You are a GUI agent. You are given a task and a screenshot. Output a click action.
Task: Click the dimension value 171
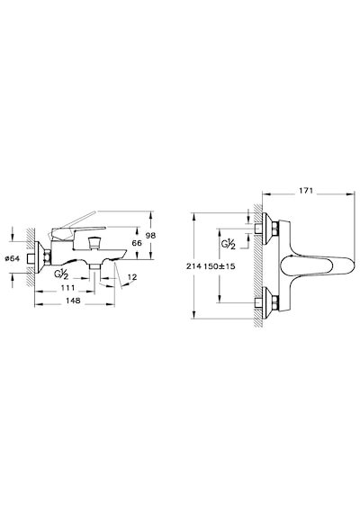click(306, 191)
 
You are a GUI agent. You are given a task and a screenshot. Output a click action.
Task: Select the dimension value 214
click(193, 266)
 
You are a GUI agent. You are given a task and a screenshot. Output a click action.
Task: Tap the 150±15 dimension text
click(220, 266)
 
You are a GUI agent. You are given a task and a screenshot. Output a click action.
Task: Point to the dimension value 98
click(151, 236)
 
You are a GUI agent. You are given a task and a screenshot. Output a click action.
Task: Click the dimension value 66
click(137, 243)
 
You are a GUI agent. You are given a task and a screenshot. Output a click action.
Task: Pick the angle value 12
click(132, 277)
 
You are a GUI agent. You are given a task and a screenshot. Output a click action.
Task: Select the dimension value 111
click(68, 288)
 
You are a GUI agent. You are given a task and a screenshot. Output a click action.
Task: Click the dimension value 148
click(73, 301)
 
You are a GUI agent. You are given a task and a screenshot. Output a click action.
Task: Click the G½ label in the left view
click(62, 274)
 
